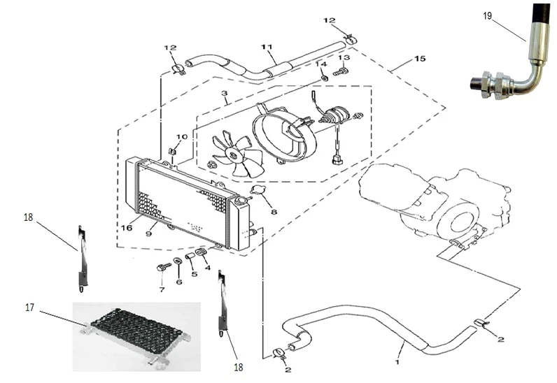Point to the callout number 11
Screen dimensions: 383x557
[x=266, y=47]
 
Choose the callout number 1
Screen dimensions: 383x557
[x=398, y=362]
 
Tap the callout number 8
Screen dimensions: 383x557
[x=274, y=212]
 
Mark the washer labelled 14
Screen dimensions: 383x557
[x=324, y=76]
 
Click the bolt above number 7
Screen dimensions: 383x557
[x=161, y=268]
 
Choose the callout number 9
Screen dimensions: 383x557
[x=149, y=235]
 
